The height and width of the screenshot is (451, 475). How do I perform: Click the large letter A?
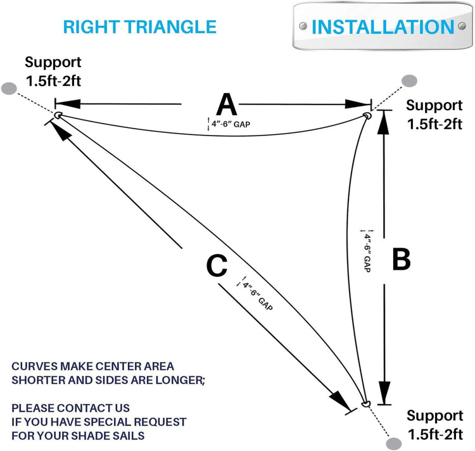tap(227, 103)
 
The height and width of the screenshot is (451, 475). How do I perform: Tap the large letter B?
tap(402, 260)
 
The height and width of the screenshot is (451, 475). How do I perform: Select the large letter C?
tap(217, 267)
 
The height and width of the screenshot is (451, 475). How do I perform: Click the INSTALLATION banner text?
tap(383, 27)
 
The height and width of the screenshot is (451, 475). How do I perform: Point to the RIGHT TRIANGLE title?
tap(140, 27)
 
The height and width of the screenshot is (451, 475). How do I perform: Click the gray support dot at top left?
tap(9, 88)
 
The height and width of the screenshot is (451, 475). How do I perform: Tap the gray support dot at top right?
tap(410, 80)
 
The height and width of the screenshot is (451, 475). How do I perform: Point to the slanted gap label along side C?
tap(258, 295)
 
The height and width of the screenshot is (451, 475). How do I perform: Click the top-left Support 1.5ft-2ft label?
tap(53, 72)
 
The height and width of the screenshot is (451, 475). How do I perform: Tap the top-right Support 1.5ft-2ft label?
tap(434, 115)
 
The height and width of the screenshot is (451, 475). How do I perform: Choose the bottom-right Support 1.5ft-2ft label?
tap(434, 425)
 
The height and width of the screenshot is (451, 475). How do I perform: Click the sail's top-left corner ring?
tap(58, 115)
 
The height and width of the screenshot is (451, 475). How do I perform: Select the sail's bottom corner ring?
tap(364, 403)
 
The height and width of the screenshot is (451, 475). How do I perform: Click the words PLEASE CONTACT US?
tap(71, 407)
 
